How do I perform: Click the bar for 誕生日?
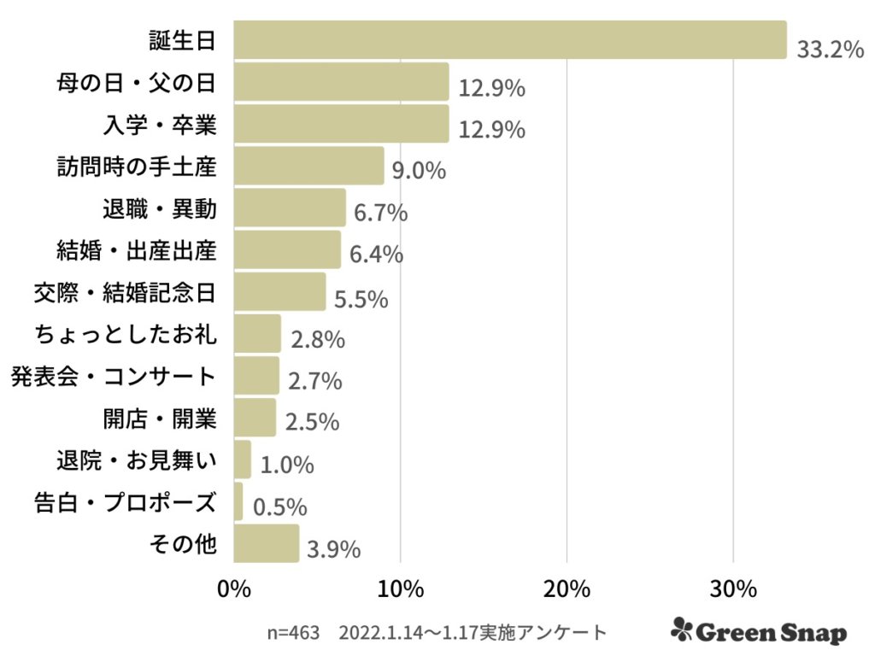click(x=509, y=40)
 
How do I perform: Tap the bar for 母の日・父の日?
click(x=341, y=82)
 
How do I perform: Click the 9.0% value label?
click(x=419, y=171)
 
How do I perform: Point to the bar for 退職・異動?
click(x=290, y=208)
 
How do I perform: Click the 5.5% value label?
click(x=361, y=300)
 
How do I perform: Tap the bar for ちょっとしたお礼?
click(x=256, y=333)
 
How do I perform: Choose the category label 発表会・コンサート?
click(x=113, y=376)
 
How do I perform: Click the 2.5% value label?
click(x=313, y=422)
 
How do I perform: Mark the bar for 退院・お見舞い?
click(x=242, y=460)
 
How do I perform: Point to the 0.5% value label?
click(x=279, y=507)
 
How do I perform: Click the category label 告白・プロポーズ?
click(x=122, y=502)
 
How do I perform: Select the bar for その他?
click(x=266, y=543)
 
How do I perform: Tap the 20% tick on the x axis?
click(x=567, y=590)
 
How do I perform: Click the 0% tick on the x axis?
click(x=234, y=590)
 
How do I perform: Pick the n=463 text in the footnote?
click(x=293, y=633)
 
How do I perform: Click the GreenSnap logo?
click(x=759, y=631)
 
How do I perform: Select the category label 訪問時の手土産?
click(x=136, y=167)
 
